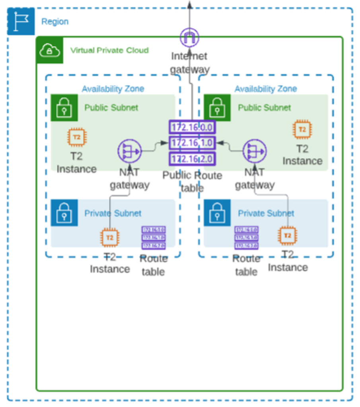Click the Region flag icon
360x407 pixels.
pyautogui.click(x=21, y=21)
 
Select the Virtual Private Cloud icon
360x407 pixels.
pyautogui.click(x=49, y=50)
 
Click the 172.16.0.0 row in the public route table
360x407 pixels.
pyautogui.click(x=192, y=127)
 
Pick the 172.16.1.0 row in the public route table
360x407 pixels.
pyautogui.click(x=192, y=143)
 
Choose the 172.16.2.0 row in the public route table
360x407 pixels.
pyautogui.click(x=192, y=159)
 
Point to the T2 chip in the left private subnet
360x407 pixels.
pyautogui.click(x=109, y=238)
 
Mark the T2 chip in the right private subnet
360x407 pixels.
pyautogui.click(x=288, y=236)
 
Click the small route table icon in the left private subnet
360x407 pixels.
pyautogui.click(x=154, y=238)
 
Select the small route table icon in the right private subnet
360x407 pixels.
pyautogui.click(x=246, y=238)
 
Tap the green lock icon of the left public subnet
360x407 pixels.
pyautogui.click(x=64, y=107)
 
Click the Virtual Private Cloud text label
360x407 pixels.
pyautogui.click(x=109, y=50)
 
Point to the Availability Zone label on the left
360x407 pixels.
pyautogui.click(x=113, y=89)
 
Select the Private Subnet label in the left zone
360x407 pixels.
pyautogui.click(x=113, y=213)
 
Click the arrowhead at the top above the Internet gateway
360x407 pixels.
pyautogui.click(x=190, y=4)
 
